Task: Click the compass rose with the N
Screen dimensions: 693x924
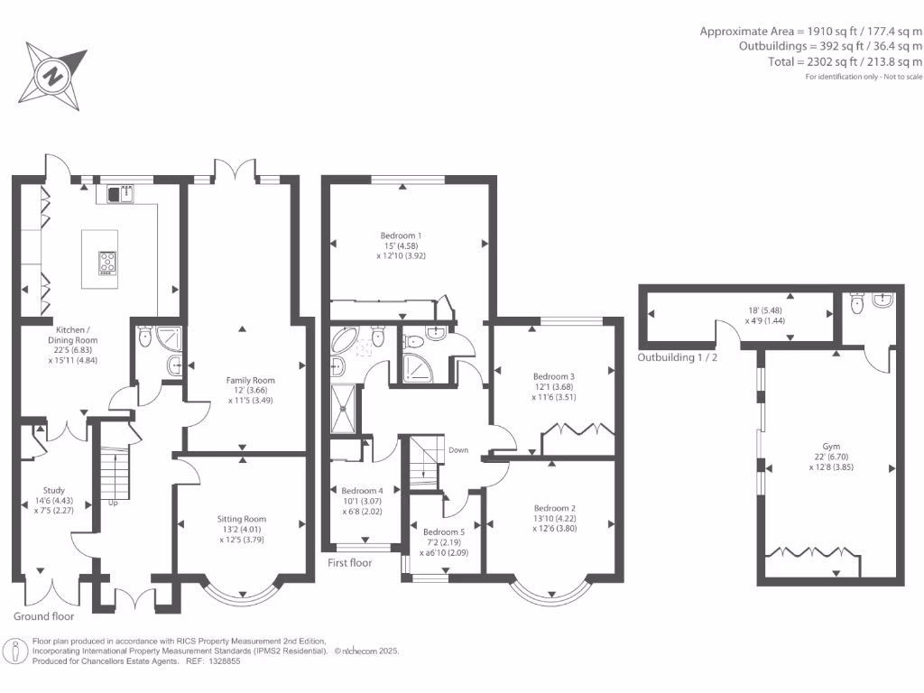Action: coord(52,74)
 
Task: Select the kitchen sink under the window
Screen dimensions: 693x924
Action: coord(120,192)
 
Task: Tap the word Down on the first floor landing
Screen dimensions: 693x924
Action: coord(458,449)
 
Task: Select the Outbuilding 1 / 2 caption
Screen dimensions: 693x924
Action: coord(677,356)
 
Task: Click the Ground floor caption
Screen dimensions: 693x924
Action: coord(44,617)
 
